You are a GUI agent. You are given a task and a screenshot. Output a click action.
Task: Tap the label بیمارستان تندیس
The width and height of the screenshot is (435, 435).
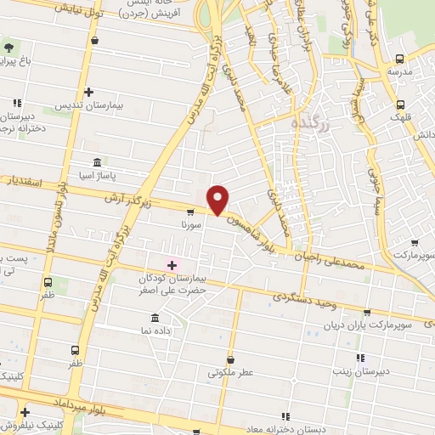89,105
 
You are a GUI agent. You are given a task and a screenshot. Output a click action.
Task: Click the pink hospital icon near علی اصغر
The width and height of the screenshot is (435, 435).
172,266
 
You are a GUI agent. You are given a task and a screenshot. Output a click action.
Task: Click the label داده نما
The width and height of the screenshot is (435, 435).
155,328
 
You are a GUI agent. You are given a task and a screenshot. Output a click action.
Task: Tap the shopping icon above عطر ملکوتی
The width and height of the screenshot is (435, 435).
229,359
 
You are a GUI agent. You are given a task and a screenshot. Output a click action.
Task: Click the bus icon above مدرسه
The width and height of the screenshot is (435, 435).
399,59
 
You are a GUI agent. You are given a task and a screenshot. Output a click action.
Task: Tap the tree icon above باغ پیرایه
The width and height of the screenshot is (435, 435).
9,47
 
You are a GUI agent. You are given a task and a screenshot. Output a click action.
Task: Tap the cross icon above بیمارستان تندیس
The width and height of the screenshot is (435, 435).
88,92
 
